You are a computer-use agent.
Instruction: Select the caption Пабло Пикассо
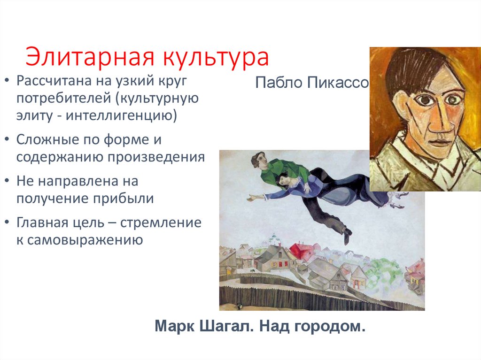point(312,83)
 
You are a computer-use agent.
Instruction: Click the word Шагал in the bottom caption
point(227,326)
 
